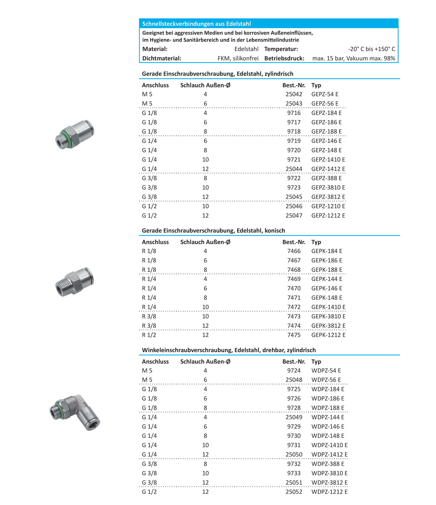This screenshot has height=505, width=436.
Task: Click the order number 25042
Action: [x=294, y=94]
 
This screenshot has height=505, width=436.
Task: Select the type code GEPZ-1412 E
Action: [x=328, y=169]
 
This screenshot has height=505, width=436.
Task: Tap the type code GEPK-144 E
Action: [x=327, y=279]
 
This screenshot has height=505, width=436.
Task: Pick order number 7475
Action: [x=294, y=335]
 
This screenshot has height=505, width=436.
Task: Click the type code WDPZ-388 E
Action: [x=328, y=464]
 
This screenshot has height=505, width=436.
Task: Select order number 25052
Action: [x=294, y=492]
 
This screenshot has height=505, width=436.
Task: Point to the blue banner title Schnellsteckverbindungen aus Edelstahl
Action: [x=196, y=24]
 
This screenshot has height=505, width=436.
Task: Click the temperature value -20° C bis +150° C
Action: [x=371, y=49]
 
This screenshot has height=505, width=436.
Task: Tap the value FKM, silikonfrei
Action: [x=238, y=58]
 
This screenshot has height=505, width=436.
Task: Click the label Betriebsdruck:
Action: [x=284, y=58]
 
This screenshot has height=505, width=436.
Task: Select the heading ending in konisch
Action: [x=213, y=231]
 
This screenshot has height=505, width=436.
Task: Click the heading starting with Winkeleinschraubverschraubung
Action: [x=229, y=350]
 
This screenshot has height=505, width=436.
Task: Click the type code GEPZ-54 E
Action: [x=325, y=94]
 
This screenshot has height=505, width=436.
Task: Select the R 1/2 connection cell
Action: [x=149, y=335]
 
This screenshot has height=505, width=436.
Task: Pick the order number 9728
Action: [x=294, y=408]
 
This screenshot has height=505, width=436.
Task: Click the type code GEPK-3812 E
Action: [x=328, y=326]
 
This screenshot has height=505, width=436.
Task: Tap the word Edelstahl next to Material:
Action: [x=246, y=49]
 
